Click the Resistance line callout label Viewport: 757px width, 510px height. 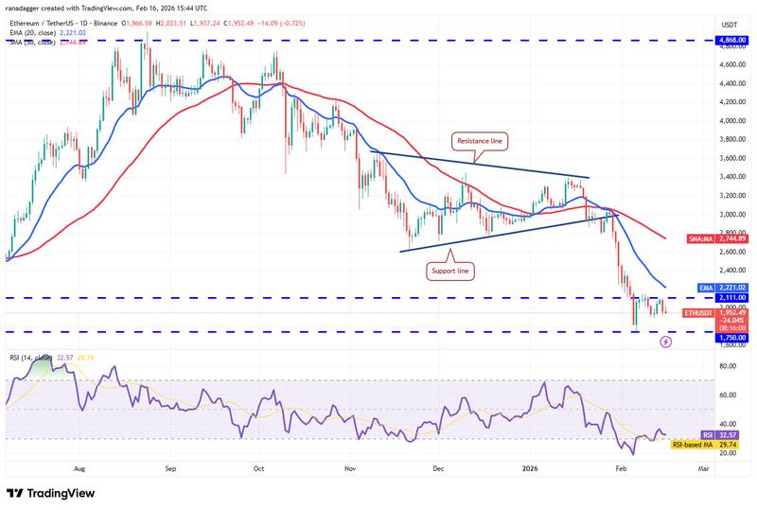coord(480,141)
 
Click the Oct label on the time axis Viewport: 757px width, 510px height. coord(258,468)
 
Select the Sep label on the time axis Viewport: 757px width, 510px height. coord(170,468)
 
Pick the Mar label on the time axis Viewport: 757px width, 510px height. coord(703,468)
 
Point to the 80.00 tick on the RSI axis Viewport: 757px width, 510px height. coord(730,366)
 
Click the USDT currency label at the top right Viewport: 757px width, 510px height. coord(730,25)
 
